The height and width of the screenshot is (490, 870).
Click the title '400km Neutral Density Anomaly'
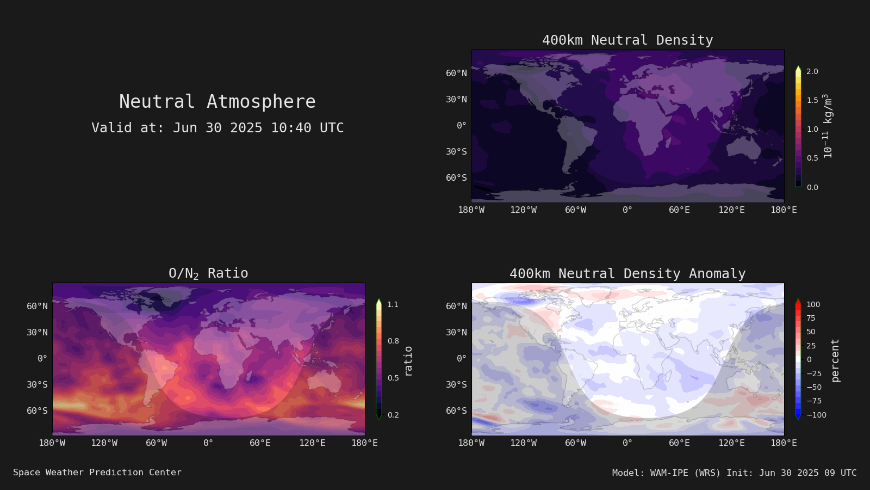tap(627, 274)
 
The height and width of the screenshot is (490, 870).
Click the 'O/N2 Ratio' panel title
tap(208, 273)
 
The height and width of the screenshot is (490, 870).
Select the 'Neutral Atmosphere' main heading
tap(217, 101)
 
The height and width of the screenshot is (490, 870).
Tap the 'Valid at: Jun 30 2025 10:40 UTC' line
tap(217, 128)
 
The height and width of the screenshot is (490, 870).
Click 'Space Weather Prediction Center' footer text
tap(97, 473)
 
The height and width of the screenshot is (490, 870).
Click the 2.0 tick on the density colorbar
tap(812, 71)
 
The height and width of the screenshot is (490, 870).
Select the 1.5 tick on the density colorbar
tap(812, 100)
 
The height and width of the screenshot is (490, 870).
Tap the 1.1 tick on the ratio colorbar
tap(393, 304)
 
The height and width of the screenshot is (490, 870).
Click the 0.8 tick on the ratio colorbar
tap(393, 341)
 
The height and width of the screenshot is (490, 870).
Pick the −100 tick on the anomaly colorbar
tap(816, 415)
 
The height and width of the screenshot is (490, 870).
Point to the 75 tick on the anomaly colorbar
tap(811, 318)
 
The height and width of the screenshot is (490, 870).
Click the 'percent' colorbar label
tap(835, 360)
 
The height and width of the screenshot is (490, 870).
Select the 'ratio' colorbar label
tap(408, 362)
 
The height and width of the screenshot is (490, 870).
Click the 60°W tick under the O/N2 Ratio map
tap(156, 443)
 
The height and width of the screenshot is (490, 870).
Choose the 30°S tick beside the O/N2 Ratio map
tap(38, 384)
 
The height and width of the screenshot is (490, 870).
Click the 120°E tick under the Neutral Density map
tap(731, 210)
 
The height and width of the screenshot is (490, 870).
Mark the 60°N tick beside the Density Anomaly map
tap(456, 307)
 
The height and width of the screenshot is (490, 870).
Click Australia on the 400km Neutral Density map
tap(743, 149)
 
